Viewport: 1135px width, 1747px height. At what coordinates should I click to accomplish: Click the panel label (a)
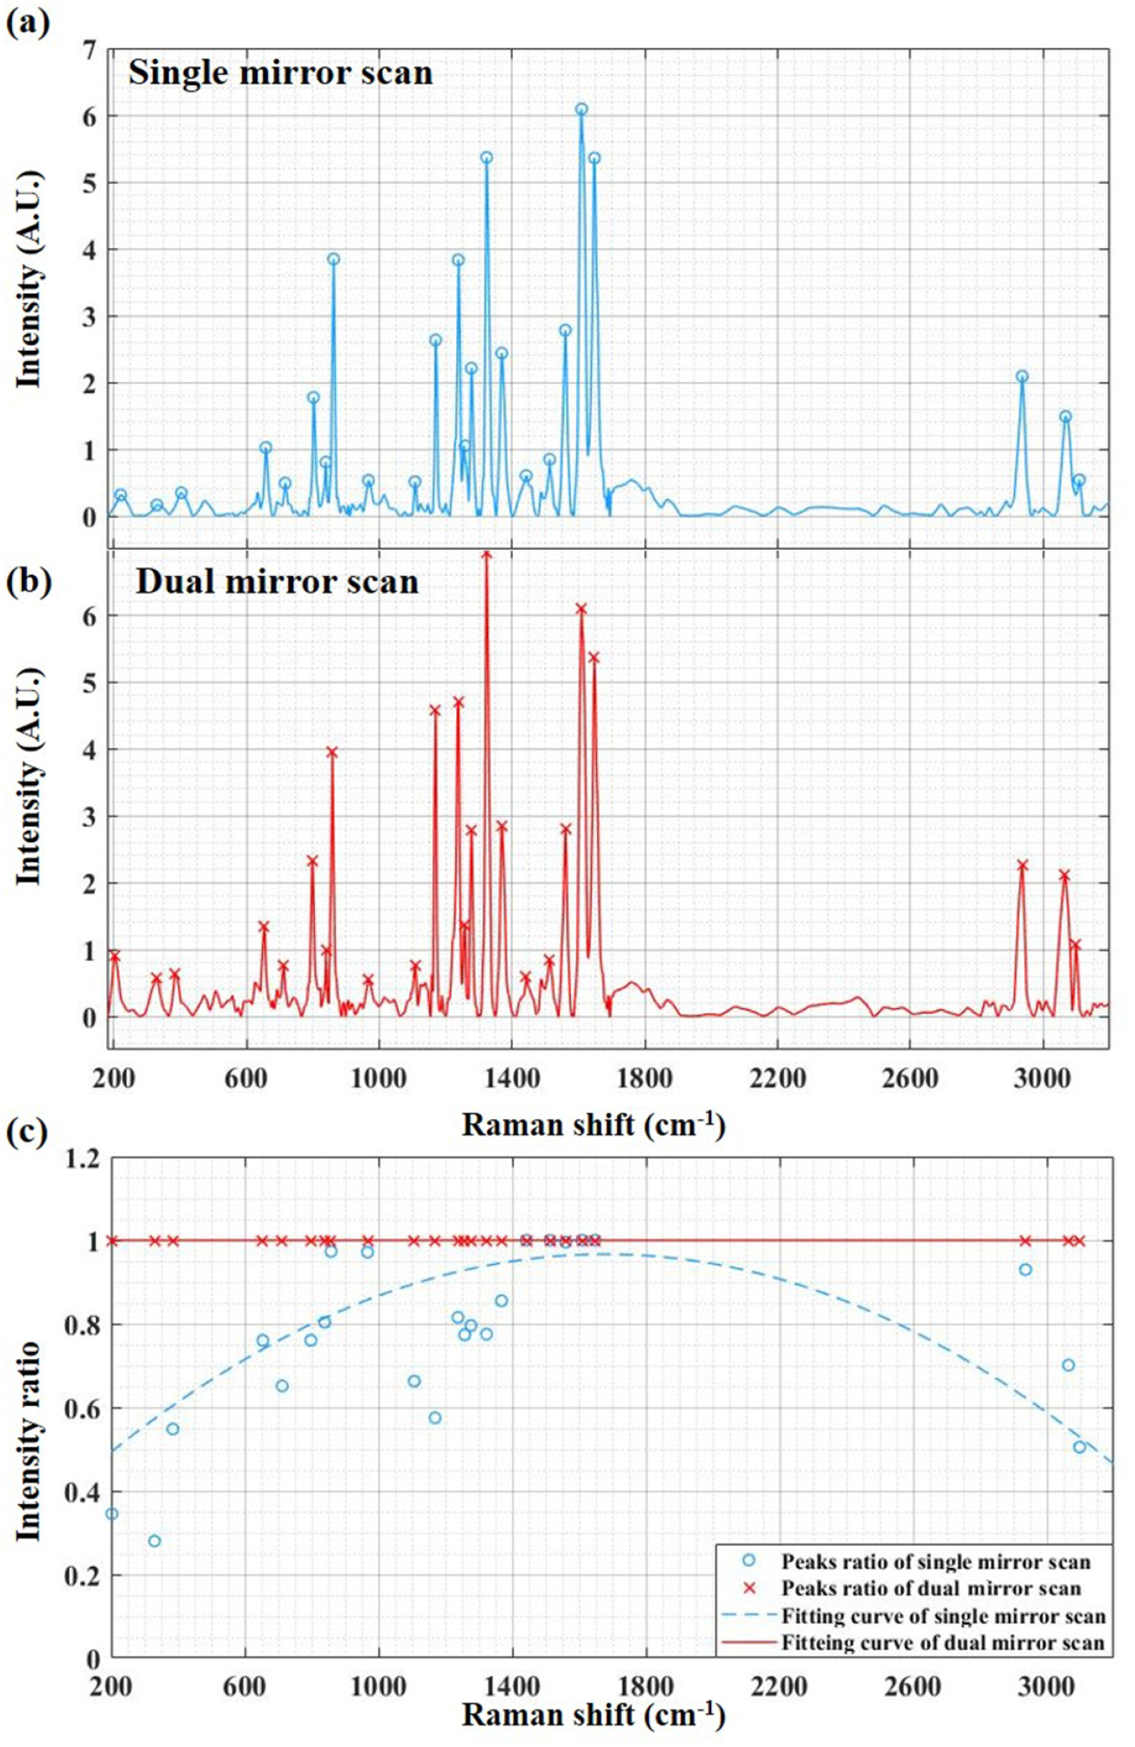tap(27, 22)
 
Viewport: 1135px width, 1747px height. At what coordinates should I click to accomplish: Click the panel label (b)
tap(27, 581)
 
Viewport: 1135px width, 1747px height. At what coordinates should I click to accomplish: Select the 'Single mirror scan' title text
tap(280, 72)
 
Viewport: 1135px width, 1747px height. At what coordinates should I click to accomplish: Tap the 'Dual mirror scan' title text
tap(277, 581)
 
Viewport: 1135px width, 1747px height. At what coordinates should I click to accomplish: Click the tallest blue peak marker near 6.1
tap(581, 110)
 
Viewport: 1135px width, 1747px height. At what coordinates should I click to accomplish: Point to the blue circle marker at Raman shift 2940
tap(1022, 377)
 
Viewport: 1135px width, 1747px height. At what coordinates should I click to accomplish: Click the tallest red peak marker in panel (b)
tap(487, 555)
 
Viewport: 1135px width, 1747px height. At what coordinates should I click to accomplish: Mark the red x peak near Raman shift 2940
tap(1023, 866)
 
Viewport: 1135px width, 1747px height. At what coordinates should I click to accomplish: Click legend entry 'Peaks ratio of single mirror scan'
tap(935, 1562)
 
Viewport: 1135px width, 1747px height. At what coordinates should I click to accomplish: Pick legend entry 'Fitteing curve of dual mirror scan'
tap(943, 1643)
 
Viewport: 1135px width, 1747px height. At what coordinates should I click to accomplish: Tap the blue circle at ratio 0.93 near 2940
tap(1025, 1269)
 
